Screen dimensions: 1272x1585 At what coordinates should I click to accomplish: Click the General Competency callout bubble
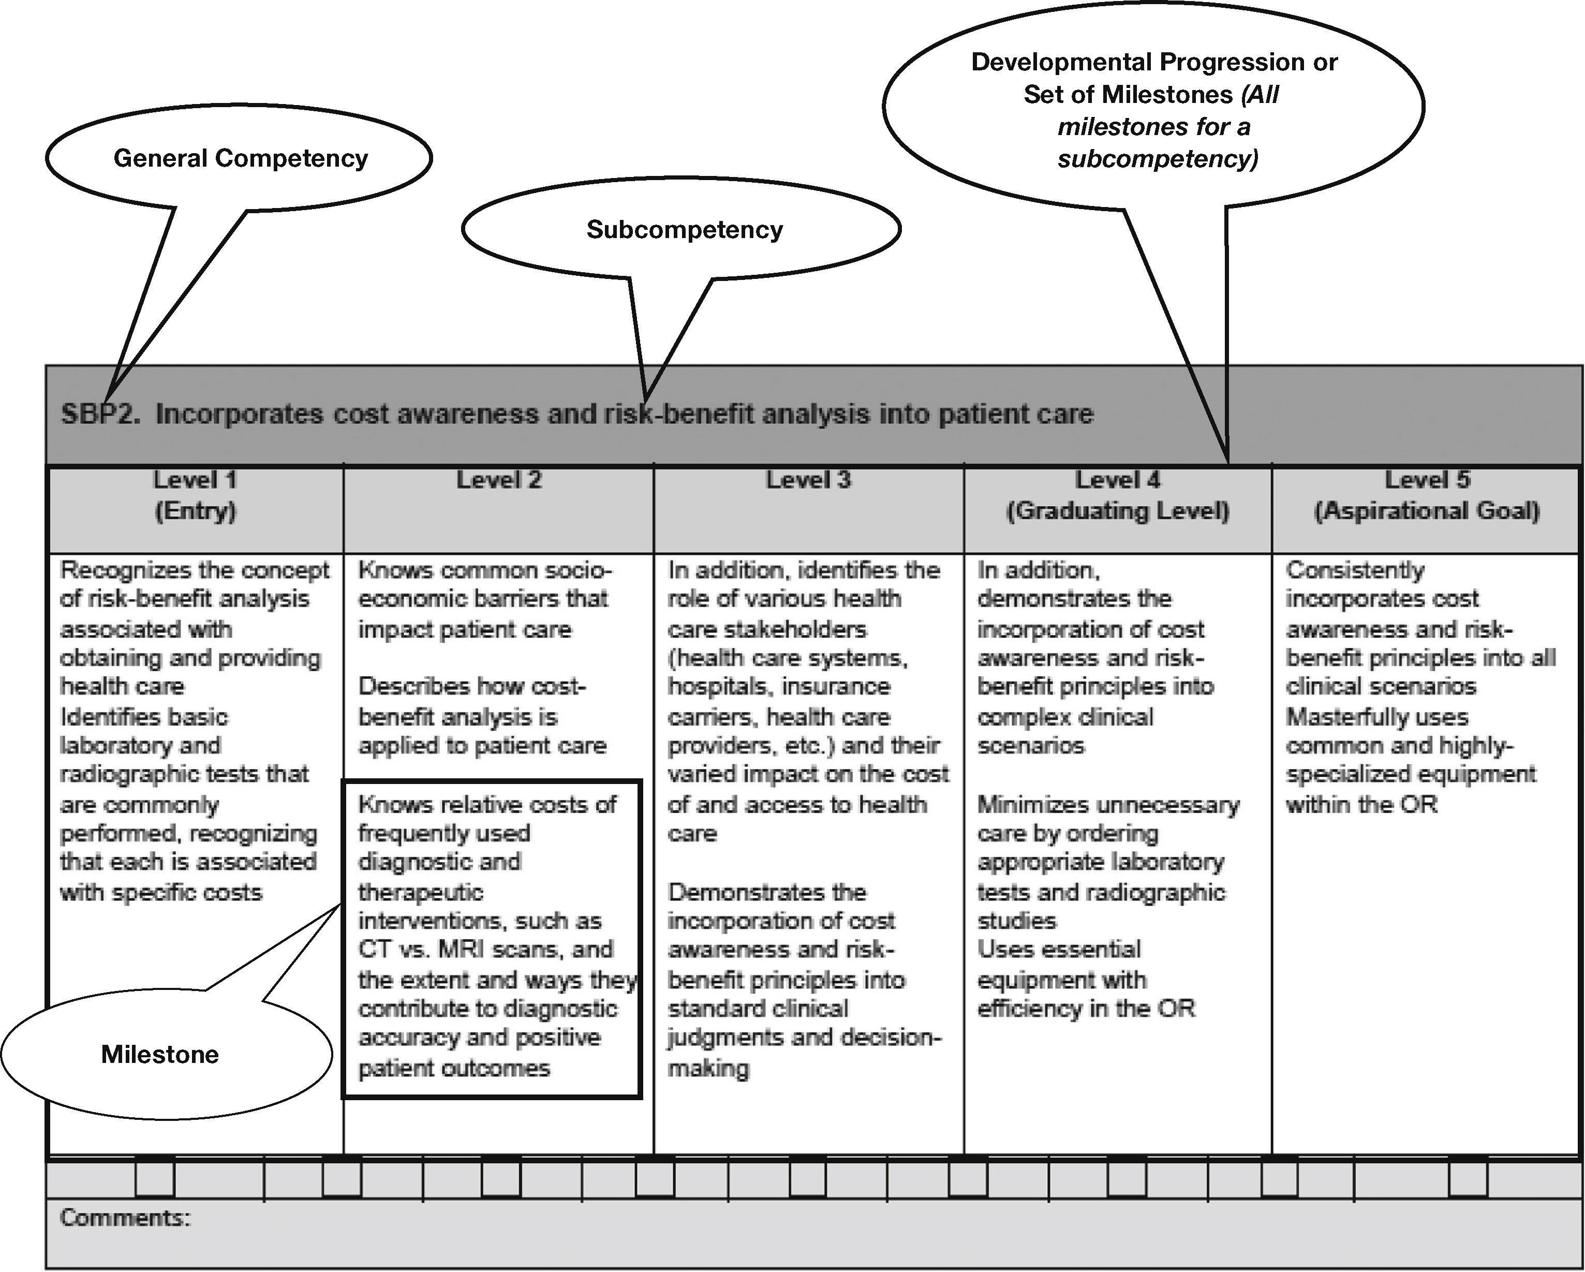[x=241, y=158]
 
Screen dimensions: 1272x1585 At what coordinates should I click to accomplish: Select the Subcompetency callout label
[x=684, y=229]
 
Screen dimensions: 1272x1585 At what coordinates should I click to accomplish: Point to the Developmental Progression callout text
[x=1153, y=110]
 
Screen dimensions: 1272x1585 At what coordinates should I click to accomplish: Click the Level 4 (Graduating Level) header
[x=1117, y=495]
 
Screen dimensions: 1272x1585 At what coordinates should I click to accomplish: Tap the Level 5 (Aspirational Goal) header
[x=1426, y=495]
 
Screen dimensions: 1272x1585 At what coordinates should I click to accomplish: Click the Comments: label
[x=125, y=1218]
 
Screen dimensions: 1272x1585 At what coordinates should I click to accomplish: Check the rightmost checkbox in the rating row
[x=1468, y=1179]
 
